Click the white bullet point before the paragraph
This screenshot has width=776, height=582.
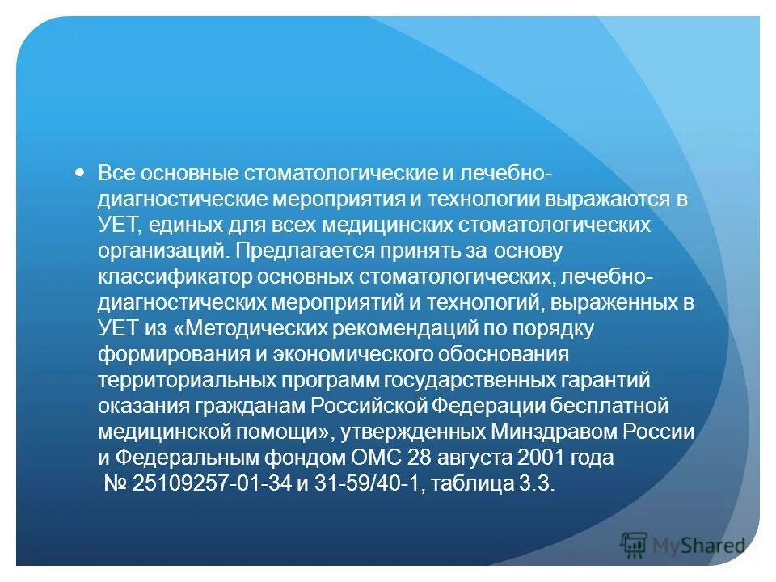(79, 172)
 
